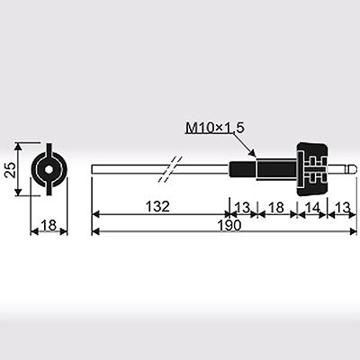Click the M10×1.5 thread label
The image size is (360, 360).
(x=215, y=128)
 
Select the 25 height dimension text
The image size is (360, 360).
(x=11, y=170)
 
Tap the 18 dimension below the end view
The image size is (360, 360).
(x=49, y=225)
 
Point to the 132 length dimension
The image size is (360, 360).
(x=157, y=207)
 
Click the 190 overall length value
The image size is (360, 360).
(x=229, y=225)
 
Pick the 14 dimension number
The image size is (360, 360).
(x=312, y=207)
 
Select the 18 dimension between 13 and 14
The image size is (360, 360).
(x=276, y=207)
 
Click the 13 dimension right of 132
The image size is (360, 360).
(x=242, y=207)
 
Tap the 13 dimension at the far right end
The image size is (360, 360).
(x=342, y=207)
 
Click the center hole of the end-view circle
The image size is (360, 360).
(x=49, y=169)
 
